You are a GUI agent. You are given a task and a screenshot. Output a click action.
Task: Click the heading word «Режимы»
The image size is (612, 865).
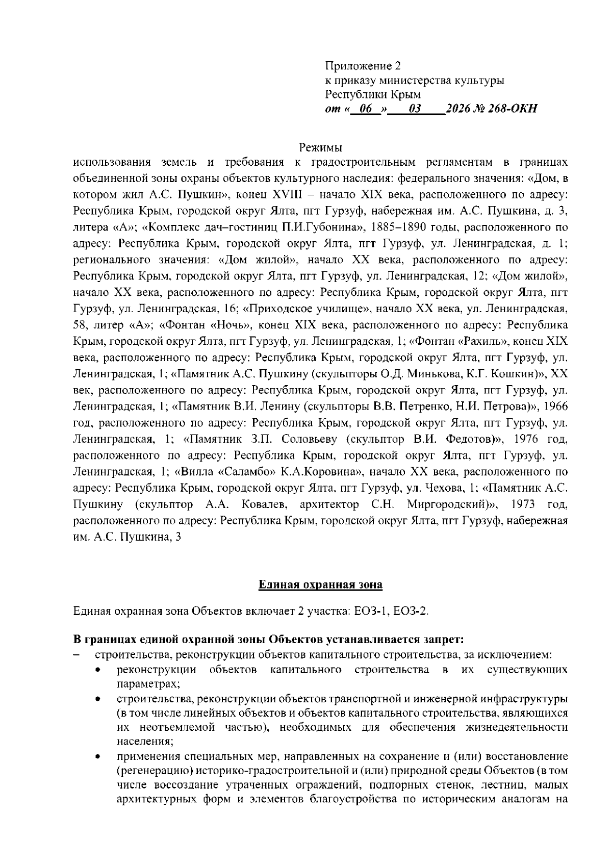pos(320,148)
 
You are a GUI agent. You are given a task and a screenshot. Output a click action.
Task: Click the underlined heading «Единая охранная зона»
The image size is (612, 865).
pos(320,584)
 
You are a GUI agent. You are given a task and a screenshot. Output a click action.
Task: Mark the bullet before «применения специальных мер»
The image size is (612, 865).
pos(97,756)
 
